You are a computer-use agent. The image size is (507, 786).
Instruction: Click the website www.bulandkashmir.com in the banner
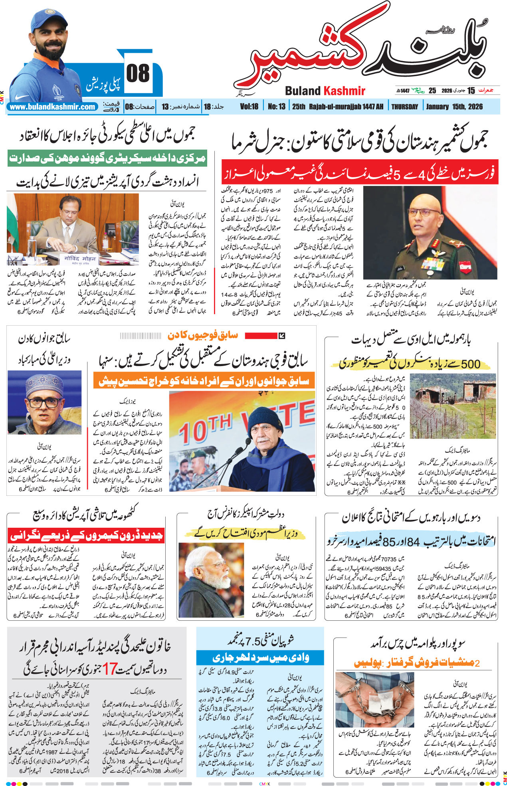click(x=52, y=107)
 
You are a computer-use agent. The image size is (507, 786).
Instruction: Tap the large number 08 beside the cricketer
click(x=138, y=74)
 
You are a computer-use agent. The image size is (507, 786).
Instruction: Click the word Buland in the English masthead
click(x=303, y=91)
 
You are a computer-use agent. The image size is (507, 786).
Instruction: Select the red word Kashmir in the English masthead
click(x=344, y=91)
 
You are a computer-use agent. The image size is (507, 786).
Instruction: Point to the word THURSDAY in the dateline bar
click(x=404, y=107)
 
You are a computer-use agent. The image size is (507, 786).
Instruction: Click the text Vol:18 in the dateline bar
click(x=249, y=107)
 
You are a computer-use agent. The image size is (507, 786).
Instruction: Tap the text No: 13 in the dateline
click(x=277, y=107)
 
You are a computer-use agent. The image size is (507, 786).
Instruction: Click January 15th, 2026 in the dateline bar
click(x=454, y=107)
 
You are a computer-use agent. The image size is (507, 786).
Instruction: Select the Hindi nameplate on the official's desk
click(x=80, y=259)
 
